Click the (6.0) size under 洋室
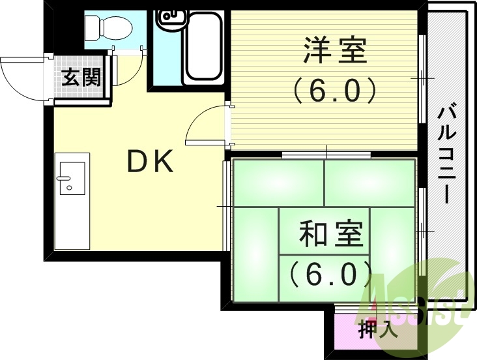334,91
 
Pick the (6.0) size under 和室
331,274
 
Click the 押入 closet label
377,329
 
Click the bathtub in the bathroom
203,52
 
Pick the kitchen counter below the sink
72,222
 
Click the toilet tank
91,27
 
